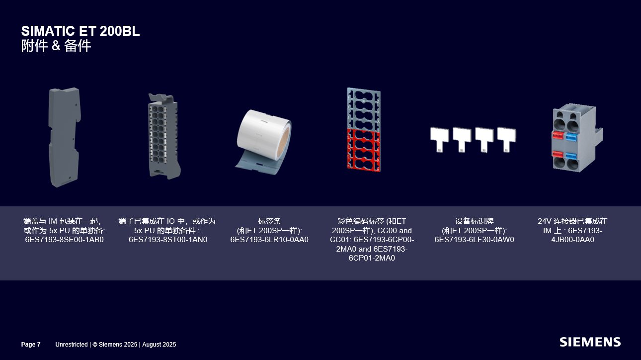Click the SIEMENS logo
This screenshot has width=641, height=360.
pos(590,342)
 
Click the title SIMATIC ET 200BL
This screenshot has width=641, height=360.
pos(80,31)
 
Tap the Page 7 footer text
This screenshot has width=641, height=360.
pos(31,344)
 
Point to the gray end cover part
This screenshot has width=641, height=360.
pos(65,137)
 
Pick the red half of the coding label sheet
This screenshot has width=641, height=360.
pos(364,150)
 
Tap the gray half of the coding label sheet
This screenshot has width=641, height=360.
pos(364,108)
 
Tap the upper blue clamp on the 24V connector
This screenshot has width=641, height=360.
pos(571,136)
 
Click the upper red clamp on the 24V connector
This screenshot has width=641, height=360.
pos(558,135)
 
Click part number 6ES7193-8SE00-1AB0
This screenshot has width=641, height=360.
pos(65,240)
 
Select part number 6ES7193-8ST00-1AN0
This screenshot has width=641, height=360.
pos(168,240)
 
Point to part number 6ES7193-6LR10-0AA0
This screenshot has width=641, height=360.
pos(269,240)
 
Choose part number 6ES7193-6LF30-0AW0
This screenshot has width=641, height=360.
pos(474,240)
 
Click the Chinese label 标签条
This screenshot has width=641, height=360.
pos(269,221)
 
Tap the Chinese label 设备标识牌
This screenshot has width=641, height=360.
pos(474,221)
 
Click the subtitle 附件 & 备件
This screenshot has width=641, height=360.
pos(56,46)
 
